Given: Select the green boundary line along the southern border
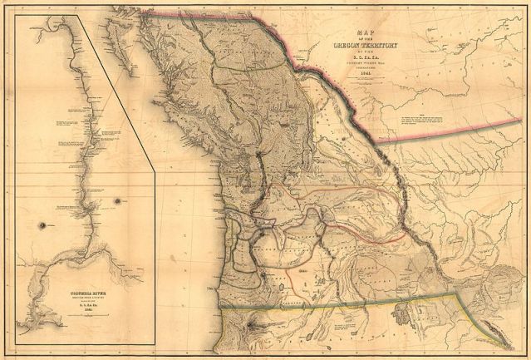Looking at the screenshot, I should click(349, 303).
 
